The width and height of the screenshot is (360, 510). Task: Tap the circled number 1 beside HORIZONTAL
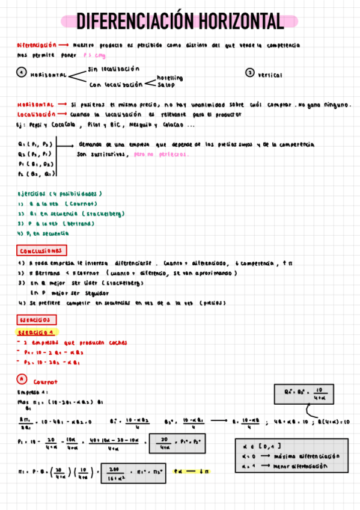tap(21, 73)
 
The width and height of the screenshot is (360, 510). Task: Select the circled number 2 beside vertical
tap(250, 73)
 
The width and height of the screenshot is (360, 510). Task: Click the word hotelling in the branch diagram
tap(169, 78)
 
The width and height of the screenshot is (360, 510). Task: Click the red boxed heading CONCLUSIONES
tap(41, 250)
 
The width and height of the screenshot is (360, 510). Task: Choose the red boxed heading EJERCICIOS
tap(37, 320)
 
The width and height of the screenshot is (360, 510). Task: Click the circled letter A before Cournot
tap(21, 379)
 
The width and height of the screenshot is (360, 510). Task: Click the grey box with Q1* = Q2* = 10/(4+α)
tap(308, 393)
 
